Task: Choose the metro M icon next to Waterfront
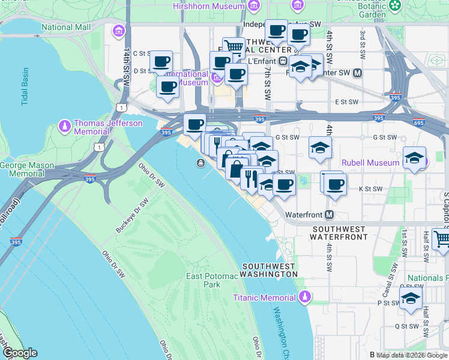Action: pyautogui.click(x=330, y=214)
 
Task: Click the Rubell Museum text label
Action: pyautogui.click(x=370, y=163)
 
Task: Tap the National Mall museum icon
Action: pyautogui.click(x=119, y=31)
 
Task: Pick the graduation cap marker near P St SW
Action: pyautogui.click(x=411, y=298)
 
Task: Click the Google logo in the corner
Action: pyautogui.click(x=19, y=353)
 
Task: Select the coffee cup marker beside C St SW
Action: pyautogui.click(x=161, y=61)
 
